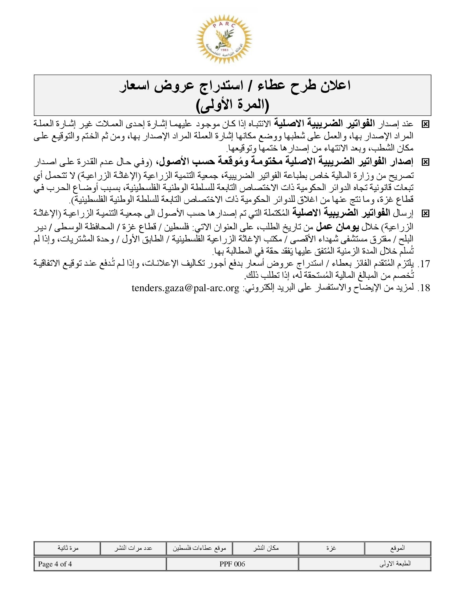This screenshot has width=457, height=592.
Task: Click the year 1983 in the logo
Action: click(x=224, y=51)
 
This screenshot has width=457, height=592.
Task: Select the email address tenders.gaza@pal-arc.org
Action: click(x=185, y=288)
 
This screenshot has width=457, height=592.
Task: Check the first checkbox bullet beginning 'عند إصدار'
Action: click(x=425, y=124)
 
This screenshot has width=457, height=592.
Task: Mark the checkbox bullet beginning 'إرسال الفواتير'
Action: click(x=425, y=214)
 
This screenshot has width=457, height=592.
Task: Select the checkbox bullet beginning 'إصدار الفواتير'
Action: click(x=425, y=162)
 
